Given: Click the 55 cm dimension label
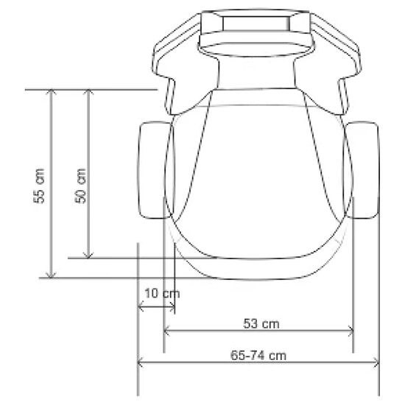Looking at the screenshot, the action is [x=39, y=186].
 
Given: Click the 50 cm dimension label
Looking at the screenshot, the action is [x=80, y=186].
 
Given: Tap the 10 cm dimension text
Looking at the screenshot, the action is [x=162, y=294].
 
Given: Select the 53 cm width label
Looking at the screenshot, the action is [x=261, y=324].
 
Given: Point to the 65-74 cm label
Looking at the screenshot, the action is [x=258, y=356].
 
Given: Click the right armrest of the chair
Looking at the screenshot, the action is [x=361, y=170].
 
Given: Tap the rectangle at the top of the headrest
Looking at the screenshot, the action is [x=256, y=24].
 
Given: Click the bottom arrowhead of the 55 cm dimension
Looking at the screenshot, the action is [x=51, y=276].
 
